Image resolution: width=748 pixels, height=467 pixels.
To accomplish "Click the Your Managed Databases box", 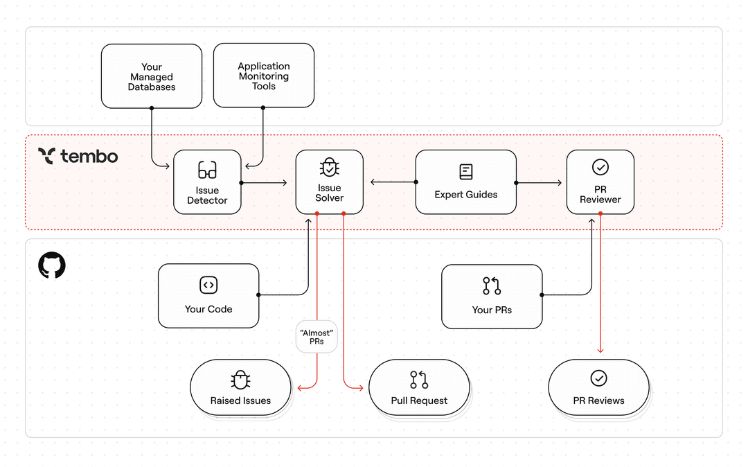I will [151, 76].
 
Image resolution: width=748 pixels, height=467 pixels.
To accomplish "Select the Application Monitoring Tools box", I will [263, 76].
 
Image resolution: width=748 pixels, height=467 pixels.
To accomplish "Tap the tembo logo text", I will [89, 156].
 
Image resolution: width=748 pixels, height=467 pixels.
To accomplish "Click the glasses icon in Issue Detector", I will [207, 170].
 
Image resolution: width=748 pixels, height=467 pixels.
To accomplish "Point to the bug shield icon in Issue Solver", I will [329, 168].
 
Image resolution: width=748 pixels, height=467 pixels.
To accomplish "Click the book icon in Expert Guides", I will [465, 171].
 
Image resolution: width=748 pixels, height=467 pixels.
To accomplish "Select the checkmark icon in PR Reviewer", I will [600, 167].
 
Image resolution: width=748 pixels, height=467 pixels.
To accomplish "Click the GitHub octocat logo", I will [52, 266].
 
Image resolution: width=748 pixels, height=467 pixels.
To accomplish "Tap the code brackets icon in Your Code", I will [208, 285].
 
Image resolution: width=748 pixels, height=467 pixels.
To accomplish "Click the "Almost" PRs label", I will [317, 337].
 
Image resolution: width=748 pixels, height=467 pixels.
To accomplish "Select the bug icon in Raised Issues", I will [240, 380].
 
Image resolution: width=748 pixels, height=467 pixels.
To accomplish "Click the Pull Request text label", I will [419, 400].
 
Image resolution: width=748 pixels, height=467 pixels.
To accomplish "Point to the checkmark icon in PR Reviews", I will [598, 378].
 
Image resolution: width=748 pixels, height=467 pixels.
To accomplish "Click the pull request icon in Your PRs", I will [492, 285].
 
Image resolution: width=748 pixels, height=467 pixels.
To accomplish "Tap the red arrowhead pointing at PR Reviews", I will [600, 351].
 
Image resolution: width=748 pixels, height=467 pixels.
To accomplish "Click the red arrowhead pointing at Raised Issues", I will [299, 388].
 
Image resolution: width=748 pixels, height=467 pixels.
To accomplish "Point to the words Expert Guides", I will [465, 195].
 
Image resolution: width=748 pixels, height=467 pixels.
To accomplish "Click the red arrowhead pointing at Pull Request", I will [360, 388].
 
